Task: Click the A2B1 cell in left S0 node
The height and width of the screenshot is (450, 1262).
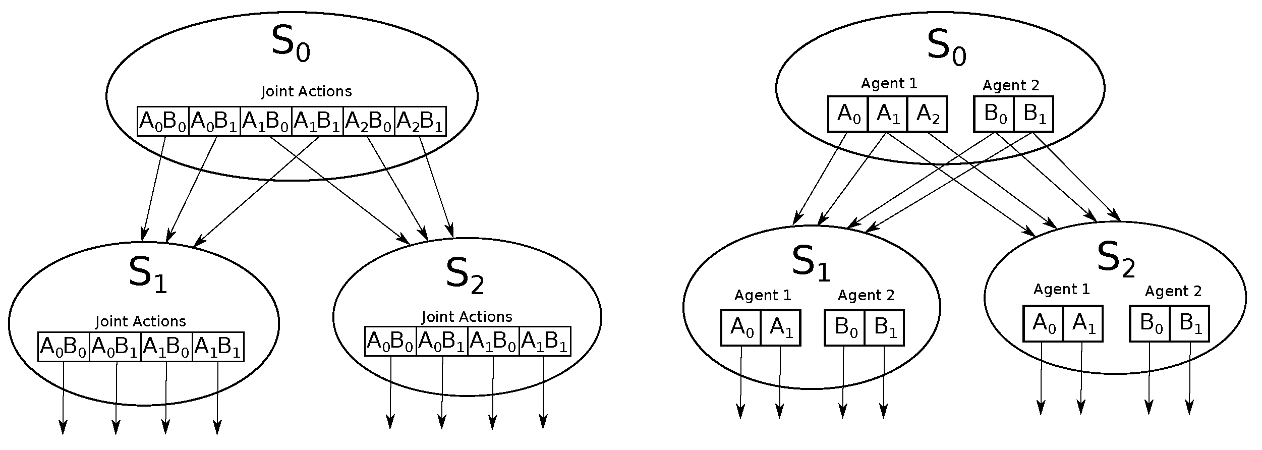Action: [x=420, y=122]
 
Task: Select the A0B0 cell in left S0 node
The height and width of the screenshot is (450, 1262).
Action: [x=163, y=122]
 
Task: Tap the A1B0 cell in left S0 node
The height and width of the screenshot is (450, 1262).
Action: [x=266, y=122]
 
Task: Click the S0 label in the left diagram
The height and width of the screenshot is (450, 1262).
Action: [x=290, y=44]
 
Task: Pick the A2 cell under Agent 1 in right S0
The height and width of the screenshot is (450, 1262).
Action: [x=927, y=115]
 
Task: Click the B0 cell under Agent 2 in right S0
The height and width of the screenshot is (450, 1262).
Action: [x=993, y=115]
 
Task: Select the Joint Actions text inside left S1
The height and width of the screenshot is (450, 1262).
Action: [x=141, y=321]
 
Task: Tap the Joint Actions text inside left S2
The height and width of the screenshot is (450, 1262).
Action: [x=467, y=317]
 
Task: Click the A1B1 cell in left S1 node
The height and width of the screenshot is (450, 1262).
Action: [x=218, y=347]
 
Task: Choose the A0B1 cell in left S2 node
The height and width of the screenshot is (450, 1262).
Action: [x=442, y=342]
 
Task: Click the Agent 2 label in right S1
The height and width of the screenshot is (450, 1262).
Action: [x=866, y=295]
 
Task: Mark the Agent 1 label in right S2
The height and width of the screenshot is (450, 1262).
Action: [x=1062, y=289]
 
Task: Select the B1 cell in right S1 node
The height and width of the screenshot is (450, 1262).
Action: [x=884, y=328]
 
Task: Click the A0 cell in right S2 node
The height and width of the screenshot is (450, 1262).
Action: [x=1043, y=323]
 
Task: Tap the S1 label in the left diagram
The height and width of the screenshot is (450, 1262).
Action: [x=147, y=275]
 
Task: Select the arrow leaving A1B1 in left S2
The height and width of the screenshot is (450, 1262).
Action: [x=543, y=393]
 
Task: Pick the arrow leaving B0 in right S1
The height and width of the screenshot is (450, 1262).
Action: [x=843, y=383]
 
